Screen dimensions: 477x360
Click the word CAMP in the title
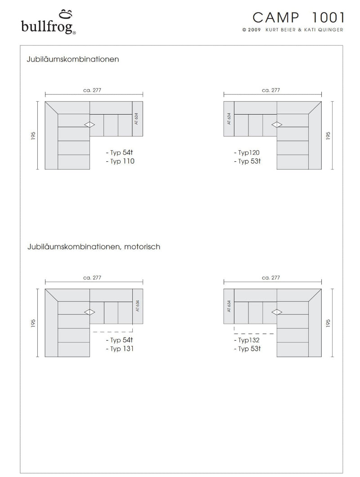point(275,18)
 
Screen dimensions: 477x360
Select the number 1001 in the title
point(328,18)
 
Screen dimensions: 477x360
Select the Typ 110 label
point(120,161)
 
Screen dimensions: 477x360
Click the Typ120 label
point(247,153)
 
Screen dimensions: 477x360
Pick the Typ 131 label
point(120,348)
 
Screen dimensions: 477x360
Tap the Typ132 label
point(247,340)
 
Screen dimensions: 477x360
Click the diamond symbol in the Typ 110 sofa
point(90,125)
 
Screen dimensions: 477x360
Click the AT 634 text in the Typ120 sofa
point(229,119)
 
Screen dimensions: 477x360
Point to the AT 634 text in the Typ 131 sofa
point(137,306)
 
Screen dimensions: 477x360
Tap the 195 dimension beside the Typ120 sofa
point(328,135)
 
